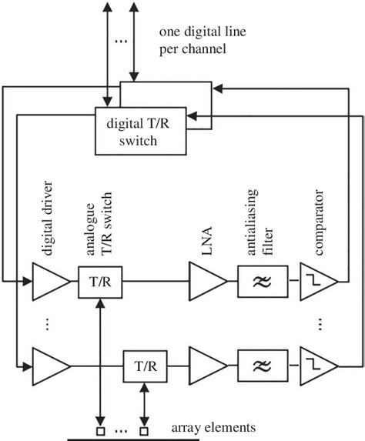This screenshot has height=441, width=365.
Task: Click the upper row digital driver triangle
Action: [48, 282]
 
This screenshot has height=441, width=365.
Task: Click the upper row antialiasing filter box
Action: [263, 282]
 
